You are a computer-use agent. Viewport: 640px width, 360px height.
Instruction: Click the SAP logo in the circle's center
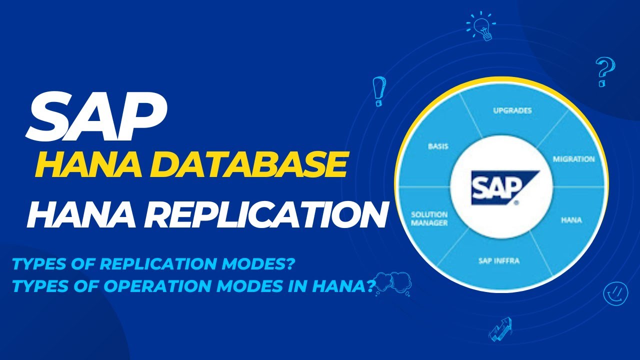tap(500, 187)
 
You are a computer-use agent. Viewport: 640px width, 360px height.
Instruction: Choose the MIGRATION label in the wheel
tap(573, 159)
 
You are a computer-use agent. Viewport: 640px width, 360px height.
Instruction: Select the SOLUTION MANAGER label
tap(429, 218)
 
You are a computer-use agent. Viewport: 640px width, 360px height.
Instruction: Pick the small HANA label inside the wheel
tap(571, 220)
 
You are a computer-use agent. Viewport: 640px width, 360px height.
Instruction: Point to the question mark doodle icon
tap(604, 71)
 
